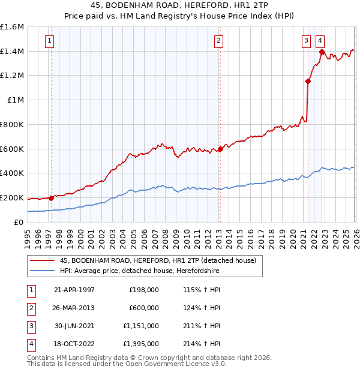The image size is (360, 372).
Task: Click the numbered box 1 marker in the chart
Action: (49, 41)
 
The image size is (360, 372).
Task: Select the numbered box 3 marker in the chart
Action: (306, 41)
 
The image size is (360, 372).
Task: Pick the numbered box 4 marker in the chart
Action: (320, 41)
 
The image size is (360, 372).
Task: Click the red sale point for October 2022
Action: (322, 52)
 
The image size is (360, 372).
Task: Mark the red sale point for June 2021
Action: (308, 82)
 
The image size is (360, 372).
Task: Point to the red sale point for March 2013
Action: (220, 149)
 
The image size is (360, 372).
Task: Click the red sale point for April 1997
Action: (51, 198)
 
